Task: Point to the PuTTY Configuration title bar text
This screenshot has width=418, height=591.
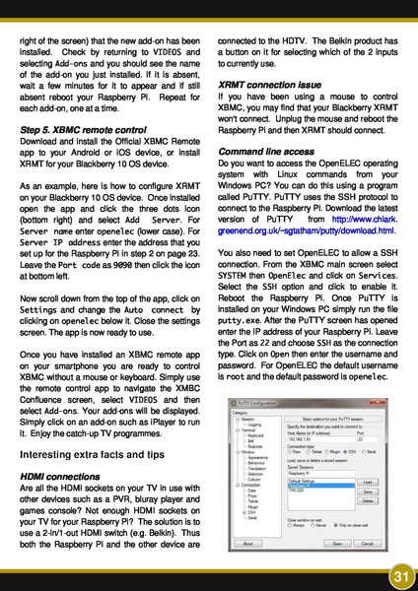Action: tap(261, 403)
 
